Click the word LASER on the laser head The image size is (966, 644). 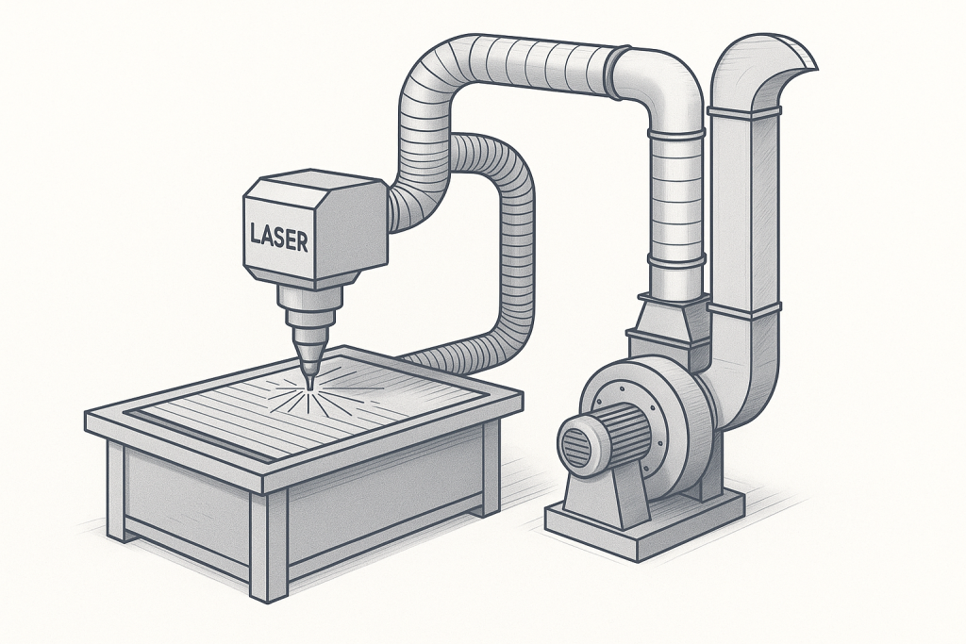[x=279, y=237]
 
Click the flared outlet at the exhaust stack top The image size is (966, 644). [x=781, y=61]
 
